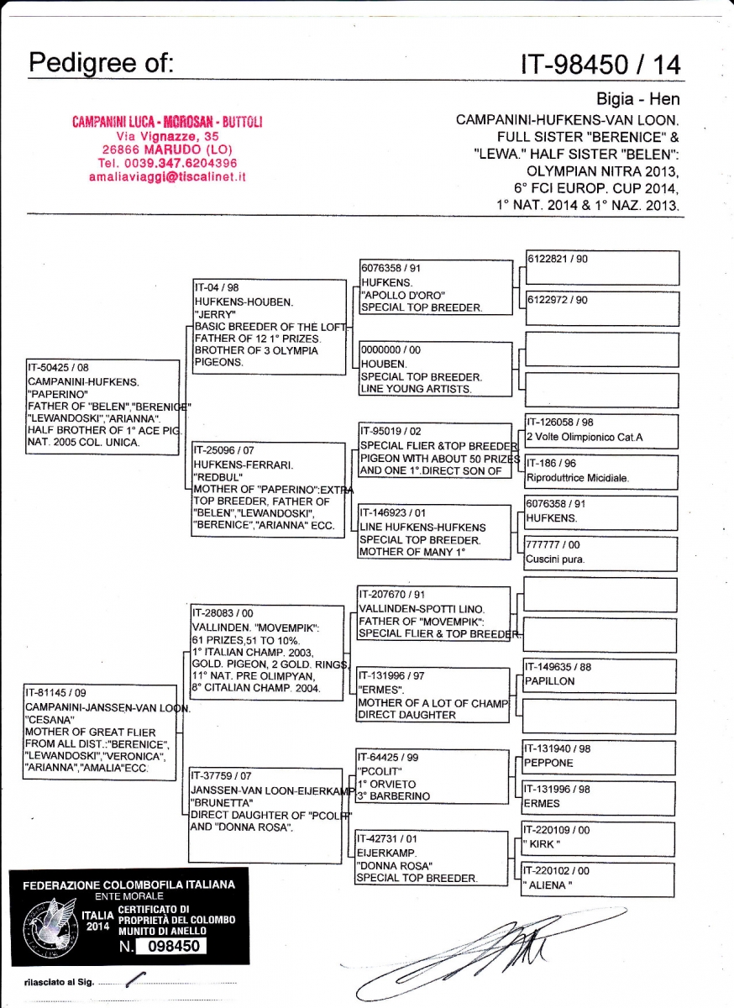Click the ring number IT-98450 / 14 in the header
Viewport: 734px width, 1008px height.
point(601,64)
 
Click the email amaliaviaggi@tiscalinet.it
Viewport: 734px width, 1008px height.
point(167,177)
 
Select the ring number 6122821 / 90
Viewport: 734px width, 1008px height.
point(558,260)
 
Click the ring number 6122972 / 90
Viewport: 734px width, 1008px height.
point(558,300)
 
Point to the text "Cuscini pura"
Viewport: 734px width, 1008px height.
point(554,559)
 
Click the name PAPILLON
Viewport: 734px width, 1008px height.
point(550,681)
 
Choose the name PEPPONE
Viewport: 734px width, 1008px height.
point(549,763)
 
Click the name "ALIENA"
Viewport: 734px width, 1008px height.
point(547,885)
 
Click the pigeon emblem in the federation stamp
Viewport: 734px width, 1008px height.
point(52,924)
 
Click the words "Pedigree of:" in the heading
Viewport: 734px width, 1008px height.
point(101,62)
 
